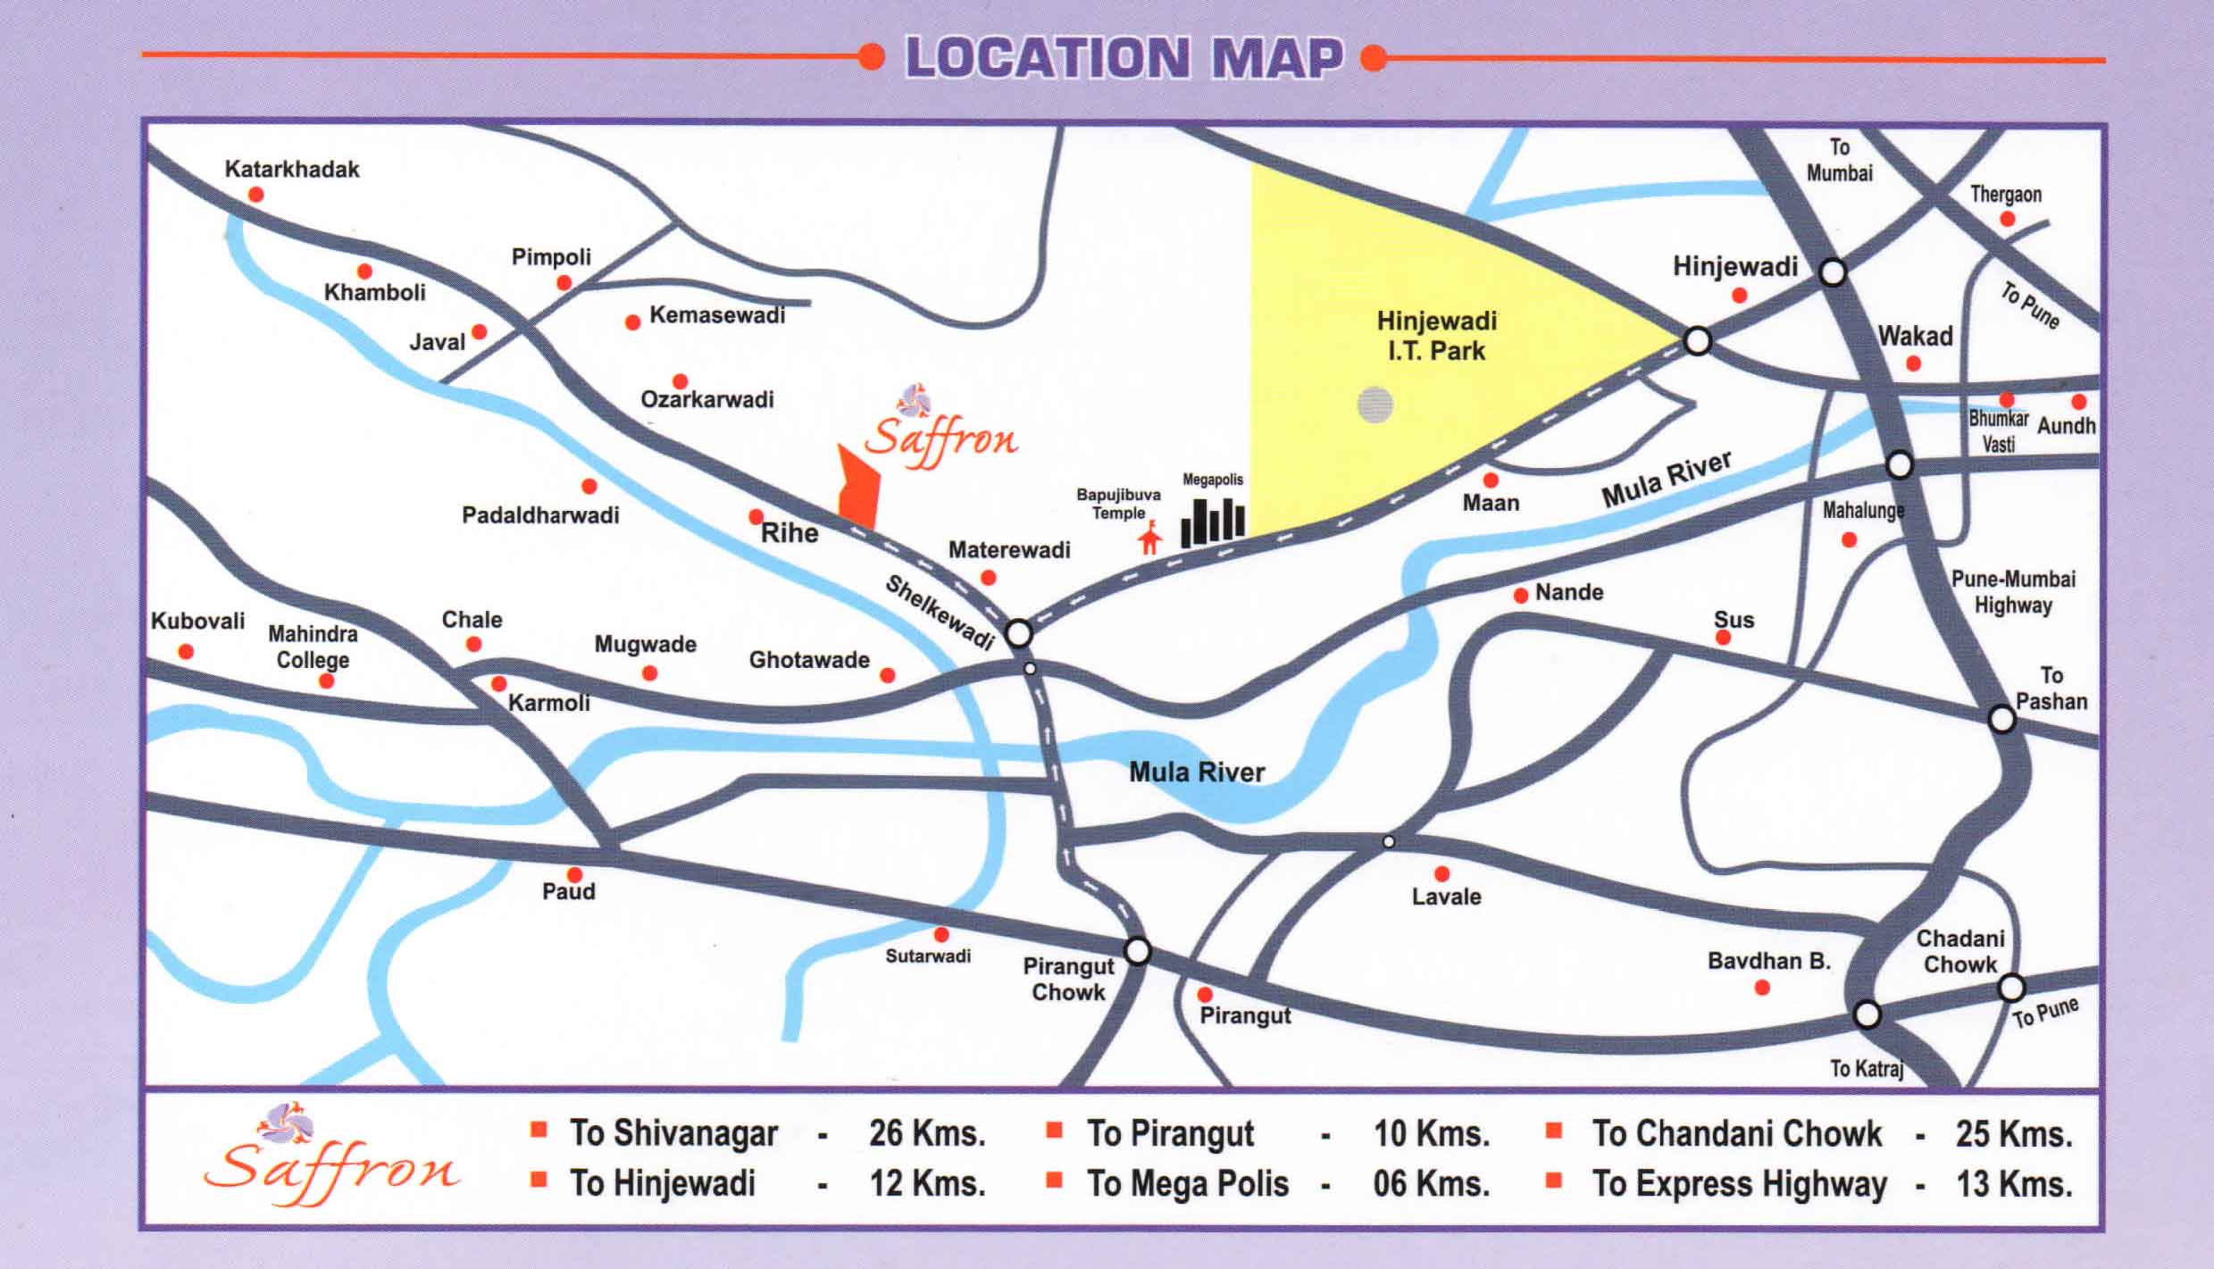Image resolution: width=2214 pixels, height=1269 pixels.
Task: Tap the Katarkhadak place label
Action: point(292,169)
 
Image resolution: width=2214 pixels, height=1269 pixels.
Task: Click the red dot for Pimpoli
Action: point(564,283)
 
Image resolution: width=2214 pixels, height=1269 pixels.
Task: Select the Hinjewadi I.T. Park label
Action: point(1436,336)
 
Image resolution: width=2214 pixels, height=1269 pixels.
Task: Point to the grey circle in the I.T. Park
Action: point(1374,405)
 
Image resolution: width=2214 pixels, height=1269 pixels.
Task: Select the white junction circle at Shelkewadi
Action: point(1018,634)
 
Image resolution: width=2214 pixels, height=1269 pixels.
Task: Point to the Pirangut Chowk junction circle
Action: point(1137,950)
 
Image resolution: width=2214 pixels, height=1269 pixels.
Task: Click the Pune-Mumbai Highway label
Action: point(2013,591)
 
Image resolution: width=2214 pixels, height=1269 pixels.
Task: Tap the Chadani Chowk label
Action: point(1960,951)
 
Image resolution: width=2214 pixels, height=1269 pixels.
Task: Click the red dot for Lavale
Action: point(1441,873)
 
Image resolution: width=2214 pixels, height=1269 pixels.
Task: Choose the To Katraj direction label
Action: point(1866,1068)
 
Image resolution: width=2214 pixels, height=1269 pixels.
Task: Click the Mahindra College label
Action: point(313,647)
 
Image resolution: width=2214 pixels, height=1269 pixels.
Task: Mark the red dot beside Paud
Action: point(574,874)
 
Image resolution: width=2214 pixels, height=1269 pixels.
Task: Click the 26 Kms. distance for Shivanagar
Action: point(927,1133)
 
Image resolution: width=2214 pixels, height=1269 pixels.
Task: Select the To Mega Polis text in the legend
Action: point(1187,1183)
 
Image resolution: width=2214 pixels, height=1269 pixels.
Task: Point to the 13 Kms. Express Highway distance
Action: point(2014,1184)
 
